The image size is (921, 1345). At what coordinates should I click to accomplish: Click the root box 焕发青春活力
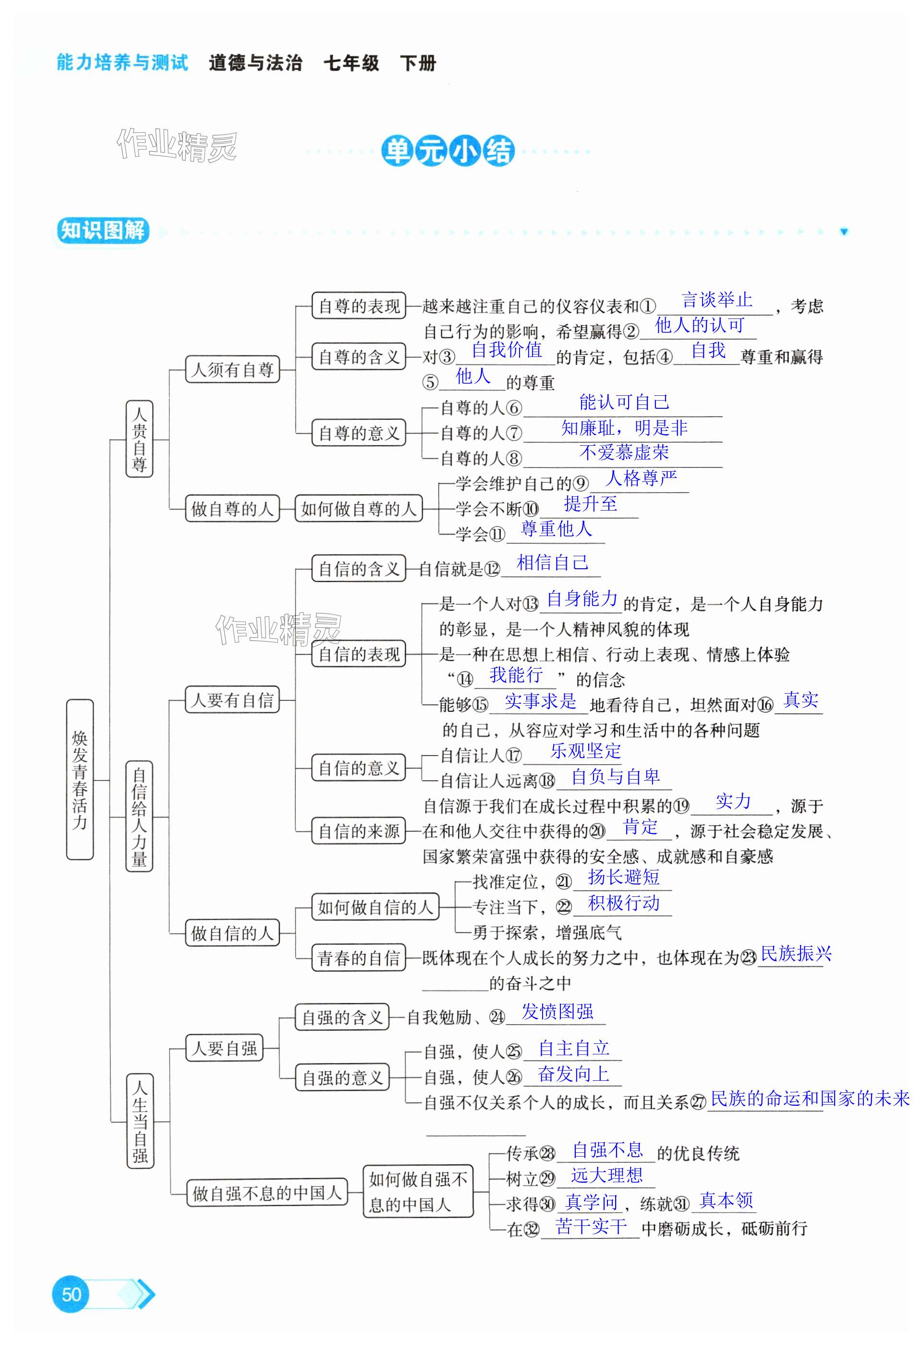pyautogui.click(x=80, y=779)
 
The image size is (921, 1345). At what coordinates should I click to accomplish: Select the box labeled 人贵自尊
pyautogui.click(x=139, y=438)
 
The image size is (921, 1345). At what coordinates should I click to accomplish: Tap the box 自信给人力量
pyautogui.click(x=139, y=816)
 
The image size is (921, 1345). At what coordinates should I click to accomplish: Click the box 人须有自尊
pyautogui.click(x=232, y=369)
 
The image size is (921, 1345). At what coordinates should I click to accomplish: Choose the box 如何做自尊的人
pyautogui.click(x=358, y=509)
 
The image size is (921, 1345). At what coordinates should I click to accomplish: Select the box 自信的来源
pyautogui.click(x=358, y=831)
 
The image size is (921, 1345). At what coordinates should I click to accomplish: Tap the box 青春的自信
pyautogui.click(x=358, y=958)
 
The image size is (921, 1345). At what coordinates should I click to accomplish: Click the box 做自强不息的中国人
pyautogui.click(x=267, y=1193)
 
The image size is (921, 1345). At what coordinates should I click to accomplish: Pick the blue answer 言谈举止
pyautogui.click(x=717, y=300)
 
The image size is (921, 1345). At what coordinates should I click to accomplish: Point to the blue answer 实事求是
pyautogui.click(x=540, y=701)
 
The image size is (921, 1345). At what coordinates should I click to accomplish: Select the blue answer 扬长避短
pyautogui.click(x=623, y=877)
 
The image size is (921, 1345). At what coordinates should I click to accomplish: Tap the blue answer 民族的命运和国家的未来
pyautogui.click(x=809, y=1098)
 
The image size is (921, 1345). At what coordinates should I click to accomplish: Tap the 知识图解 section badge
pyautogui.click(x=102, y=231)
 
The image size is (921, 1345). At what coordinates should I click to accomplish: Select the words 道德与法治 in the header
pyautogui.click(x=255, y=62)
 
